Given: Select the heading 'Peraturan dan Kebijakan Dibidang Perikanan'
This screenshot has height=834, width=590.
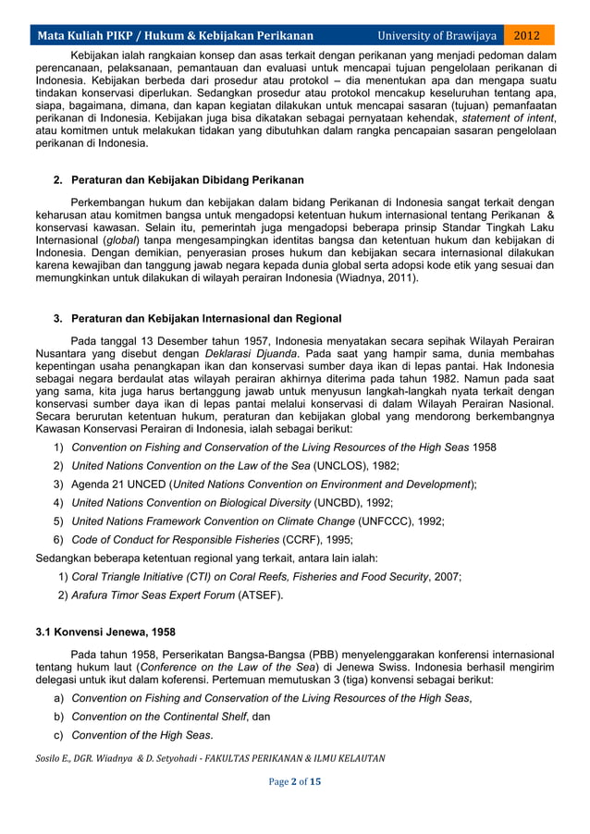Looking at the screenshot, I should (187, 179).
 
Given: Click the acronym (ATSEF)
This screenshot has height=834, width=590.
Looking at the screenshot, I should (260, 595).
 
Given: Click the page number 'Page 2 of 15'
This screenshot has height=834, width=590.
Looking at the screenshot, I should (294, 781).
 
